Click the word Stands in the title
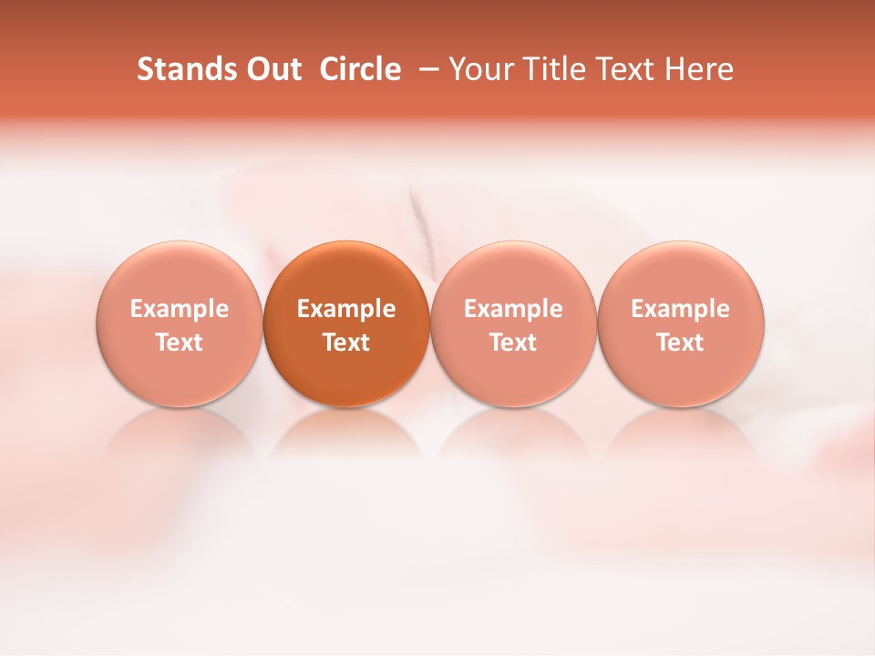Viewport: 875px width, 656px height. click(x=187, y=69)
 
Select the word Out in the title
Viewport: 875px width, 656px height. click(x=273, y=69)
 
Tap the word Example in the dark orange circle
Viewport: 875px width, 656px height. click(x=346, y=309)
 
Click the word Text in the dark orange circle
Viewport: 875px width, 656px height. click(x=346, y=343)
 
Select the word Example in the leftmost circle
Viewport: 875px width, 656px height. click(x=180, y=309)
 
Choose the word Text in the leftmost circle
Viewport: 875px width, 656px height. click(x=180, y=343)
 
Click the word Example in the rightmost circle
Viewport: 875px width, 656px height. click(x=680, y=309)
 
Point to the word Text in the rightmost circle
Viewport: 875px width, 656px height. click(x=680, y=343)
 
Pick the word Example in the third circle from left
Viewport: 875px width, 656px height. click(x=513, y=309)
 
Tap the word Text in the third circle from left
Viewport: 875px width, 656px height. click(x=513, y=343)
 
